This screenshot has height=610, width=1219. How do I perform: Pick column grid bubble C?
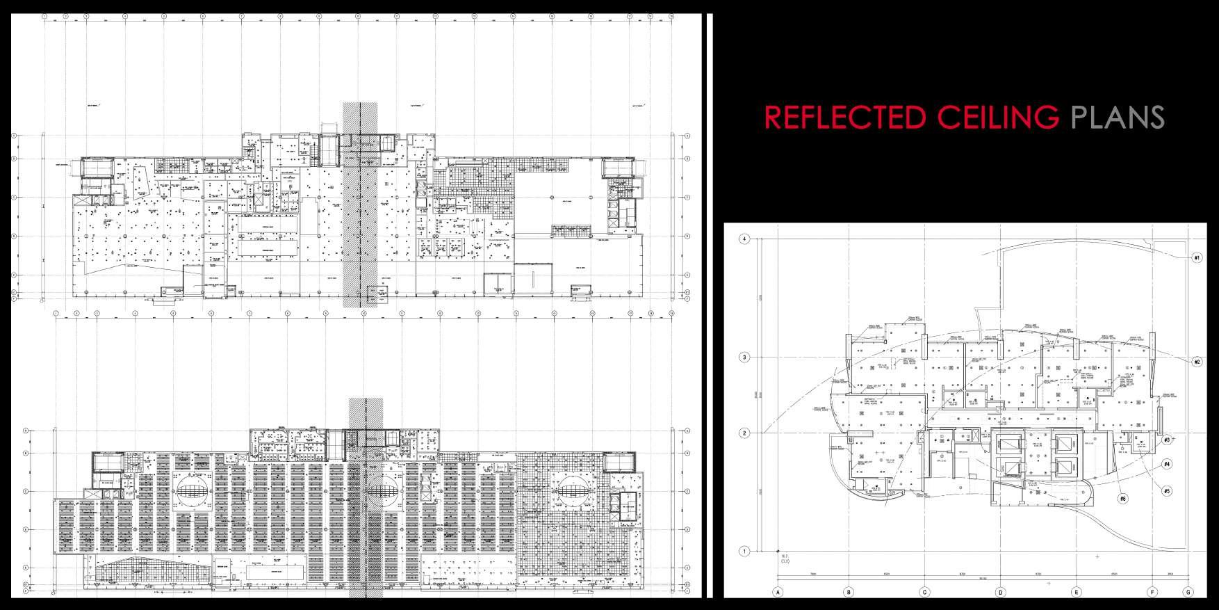pos(924,593)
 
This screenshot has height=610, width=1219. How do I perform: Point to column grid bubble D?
pos(1000,593)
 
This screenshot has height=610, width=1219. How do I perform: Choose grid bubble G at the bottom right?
pos(1188,593)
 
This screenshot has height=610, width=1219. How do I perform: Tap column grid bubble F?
pos(1152,593)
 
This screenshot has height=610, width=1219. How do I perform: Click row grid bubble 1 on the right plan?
pos(744,552)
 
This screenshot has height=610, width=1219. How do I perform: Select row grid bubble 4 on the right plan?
pos(744,239)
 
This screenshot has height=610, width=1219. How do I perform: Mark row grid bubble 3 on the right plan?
pos(744,358)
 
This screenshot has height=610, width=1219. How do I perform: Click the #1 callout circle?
pos(1196,257)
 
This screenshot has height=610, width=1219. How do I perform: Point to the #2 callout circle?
pos(1196,362)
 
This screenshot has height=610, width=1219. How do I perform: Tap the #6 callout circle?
pos(1122,498)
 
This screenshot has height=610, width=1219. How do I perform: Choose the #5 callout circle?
pos(1166,490)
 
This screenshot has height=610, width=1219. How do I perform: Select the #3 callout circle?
pos(1168,440)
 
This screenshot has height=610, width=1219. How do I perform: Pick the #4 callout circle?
pos(1167,464)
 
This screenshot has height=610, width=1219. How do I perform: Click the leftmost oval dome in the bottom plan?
pos(190,489)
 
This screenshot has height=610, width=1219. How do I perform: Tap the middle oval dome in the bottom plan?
pos(381,490)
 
